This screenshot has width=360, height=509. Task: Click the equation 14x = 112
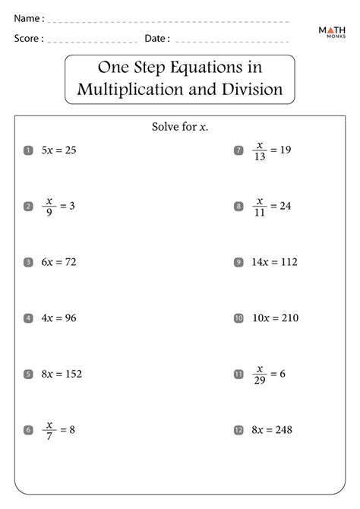coord(274,262)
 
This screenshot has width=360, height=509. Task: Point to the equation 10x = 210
coord(274,318)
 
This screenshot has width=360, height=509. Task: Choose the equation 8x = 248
coord(271,430)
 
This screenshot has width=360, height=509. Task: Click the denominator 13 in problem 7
coord(260,156)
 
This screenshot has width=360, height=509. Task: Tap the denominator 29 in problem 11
coord(260,380)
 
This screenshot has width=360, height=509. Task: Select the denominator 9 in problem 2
coord(49,213)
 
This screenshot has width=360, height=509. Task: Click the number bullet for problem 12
coord(238,430)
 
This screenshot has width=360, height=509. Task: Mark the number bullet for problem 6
coord(28,430)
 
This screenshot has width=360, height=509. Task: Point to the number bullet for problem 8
coord(238,207)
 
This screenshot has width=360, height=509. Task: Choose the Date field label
coord(157,37)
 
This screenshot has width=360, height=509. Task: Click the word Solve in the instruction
coord(166,126)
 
